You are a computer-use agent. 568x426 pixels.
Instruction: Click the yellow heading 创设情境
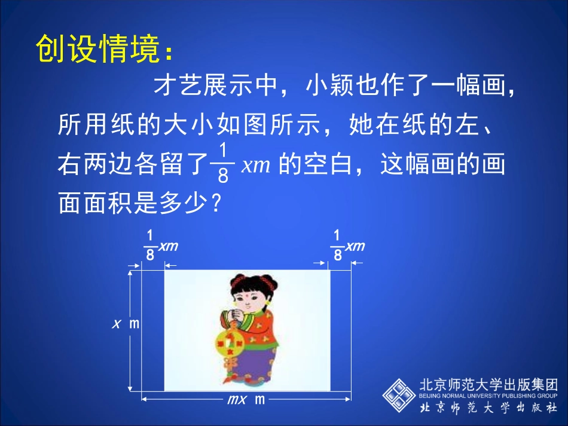[99, 49]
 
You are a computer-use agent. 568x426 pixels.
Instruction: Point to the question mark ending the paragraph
[217, 204]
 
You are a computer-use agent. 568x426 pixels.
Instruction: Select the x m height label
[126, 324]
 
